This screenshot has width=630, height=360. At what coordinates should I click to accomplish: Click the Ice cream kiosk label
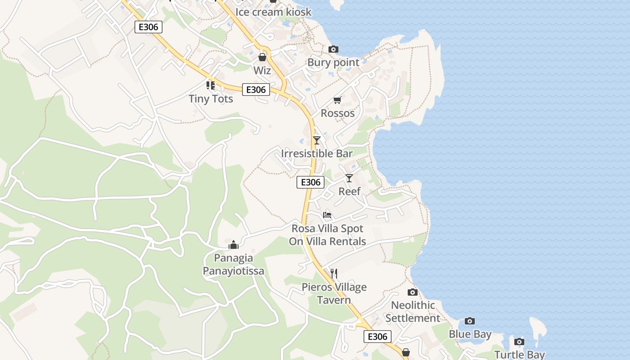(273, 12)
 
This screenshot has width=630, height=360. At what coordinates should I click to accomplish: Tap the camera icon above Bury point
(333, 49)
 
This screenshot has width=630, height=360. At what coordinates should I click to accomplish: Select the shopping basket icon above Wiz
(262, 57)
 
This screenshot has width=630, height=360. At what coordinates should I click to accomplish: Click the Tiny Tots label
(211, 99)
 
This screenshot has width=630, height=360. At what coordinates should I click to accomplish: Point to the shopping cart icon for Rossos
(337, 100)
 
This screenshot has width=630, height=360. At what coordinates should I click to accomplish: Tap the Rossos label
(337, 113)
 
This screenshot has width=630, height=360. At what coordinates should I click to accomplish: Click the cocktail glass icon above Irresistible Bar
(317, 140)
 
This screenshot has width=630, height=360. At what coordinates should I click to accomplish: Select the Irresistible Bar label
(317, 153)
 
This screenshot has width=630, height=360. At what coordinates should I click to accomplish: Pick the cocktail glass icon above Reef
(349, 178)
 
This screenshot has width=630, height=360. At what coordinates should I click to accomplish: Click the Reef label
(349, 191)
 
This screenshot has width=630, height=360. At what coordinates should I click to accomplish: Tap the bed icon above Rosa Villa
(327, 215)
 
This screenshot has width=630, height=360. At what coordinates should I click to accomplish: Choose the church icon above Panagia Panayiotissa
(234, 245)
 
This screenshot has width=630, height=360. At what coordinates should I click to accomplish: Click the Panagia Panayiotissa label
(233, 265)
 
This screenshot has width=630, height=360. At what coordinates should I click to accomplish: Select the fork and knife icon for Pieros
(334, 274)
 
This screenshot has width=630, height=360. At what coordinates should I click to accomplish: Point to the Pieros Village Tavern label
(334, 293)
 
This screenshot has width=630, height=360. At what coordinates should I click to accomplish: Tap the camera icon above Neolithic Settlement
(413, 292)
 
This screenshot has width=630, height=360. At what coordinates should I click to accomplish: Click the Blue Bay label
(470, 334)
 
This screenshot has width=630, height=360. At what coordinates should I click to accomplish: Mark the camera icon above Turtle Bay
(519, 342)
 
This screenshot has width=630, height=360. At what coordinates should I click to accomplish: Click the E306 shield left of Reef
(310, 182)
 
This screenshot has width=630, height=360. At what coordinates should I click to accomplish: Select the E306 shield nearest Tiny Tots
(256, 90)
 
